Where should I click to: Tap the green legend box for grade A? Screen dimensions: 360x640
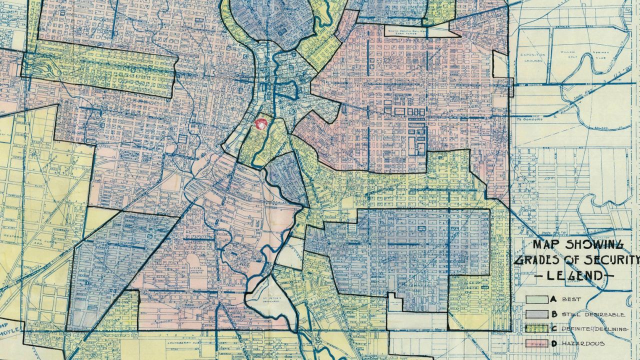(x=536, y=299)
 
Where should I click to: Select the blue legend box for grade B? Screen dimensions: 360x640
(x=536, y=314)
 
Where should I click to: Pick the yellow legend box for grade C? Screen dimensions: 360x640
(x=536, y=329)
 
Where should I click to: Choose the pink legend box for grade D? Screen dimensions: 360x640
(x=536, y=343)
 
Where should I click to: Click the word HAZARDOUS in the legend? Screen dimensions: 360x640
(x=583, y=343)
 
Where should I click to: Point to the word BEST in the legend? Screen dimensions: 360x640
(x=571, y=299)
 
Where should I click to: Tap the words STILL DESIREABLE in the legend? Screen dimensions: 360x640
(x=592, y=314)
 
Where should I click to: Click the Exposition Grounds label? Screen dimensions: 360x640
(x=532, y=58)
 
